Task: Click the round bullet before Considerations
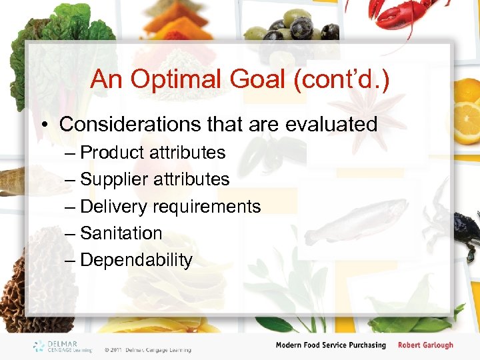tap(47, 125)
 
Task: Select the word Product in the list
tap(111, 153)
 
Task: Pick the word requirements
tap(207, 207)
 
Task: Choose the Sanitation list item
tap(121, 233)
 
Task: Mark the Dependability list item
tap(136, 260)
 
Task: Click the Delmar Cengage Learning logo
tap(63, 346)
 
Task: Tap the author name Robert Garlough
tap(425, 345)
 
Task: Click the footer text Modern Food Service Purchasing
tap(331, 345)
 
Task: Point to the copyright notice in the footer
tap(147, 349)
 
